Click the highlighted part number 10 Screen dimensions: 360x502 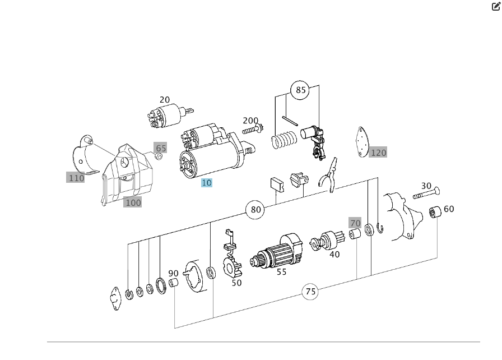[x=207, y=183]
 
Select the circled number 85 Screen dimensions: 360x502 [x=300, y=90]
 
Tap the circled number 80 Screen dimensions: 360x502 [x=255, y=210]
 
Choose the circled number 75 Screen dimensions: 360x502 [x=310, y=292]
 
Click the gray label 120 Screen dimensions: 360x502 [x=378, y=153]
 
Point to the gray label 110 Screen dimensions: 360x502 [x=76, y=178]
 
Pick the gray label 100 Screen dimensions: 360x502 [x=133, y=202]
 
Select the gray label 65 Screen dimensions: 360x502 [x=161, y=149]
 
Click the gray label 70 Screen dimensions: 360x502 [x=355, y=223]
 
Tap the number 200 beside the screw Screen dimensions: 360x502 [x=250, y=121]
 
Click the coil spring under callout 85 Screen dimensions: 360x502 [x=283, y=140]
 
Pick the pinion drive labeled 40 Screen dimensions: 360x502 [x=324, y=242]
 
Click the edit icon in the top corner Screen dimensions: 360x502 [x=496, y=7]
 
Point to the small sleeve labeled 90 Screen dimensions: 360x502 [x=174, y=282]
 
